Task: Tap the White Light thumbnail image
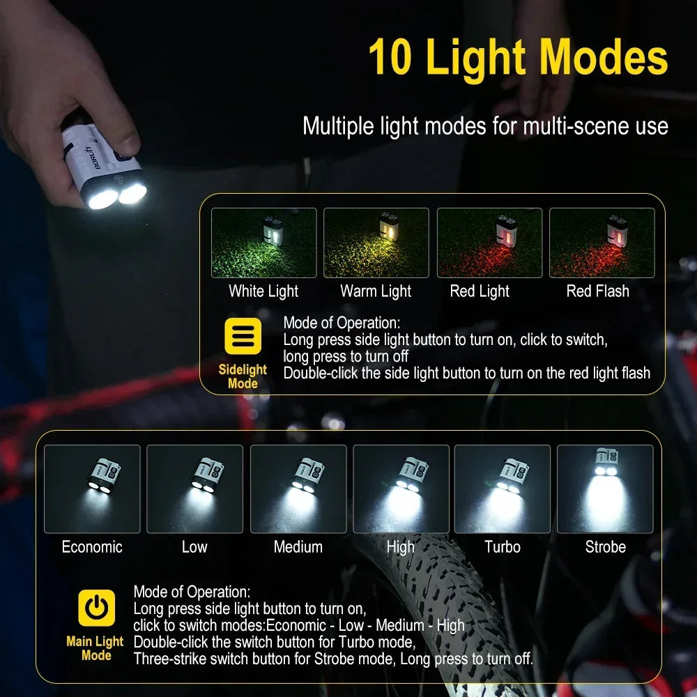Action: point(263,243)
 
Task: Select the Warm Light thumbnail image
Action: point(376,243)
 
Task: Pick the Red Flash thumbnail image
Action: point(602,243)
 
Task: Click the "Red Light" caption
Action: point(480,291)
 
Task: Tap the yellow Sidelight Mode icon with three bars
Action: point(243,336)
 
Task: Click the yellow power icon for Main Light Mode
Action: point(96,608)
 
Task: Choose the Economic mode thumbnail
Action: point(92,489)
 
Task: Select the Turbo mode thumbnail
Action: point(502,489)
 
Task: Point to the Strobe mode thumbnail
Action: point(605,489)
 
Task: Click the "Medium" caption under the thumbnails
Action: point(298,547)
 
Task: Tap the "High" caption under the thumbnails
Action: point(400,547)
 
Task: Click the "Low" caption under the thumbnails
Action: point(194,547)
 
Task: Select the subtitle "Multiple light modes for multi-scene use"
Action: point(485,126)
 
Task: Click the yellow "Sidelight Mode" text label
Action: point(243,376)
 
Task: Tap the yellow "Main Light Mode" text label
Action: point(95,648)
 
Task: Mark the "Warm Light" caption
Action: point(376,291)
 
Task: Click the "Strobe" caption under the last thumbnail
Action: point(605,547)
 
